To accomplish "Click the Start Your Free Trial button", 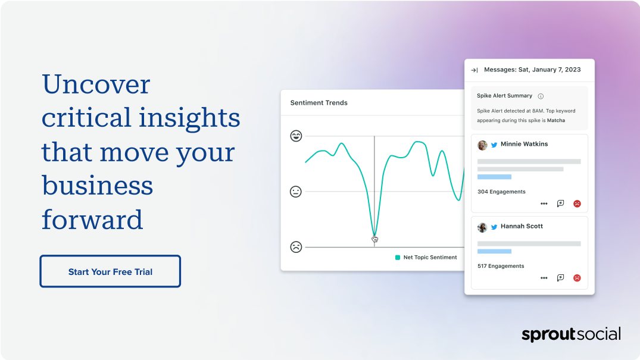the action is [x=110, y=271].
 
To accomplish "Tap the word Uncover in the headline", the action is [x=96, y=84].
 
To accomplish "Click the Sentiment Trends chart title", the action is [x=319, y=103].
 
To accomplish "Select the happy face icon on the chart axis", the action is [x=296, y=136].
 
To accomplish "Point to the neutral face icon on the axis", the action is [x=295, y=192].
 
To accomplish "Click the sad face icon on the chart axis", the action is [x=296, y=247].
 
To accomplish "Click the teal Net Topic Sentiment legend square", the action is [x=398, y=258].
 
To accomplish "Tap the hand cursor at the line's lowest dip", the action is [x=374, y=239].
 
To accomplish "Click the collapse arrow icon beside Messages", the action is [x=474, y=70].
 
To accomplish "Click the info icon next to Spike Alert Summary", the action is [x=541, y=96].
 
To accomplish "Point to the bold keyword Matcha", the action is [x=556, y=120].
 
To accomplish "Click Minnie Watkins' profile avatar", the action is [x=482, y=145].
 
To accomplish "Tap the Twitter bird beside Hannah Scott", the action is [x=494, y=227].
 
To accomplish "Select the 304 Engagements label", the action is [x=502, y=192].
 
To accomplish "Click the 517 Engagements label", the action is [x=501, y=266].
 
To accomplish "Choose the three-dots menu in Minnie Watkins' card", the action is [x=544, y=204].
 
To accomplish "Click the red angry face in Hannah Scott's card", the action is [x=577, y=278].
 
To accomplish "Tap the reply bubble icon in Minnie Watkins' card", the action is [x=560, y=204].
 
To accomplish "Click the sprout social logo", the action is [x=571, y=334].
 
